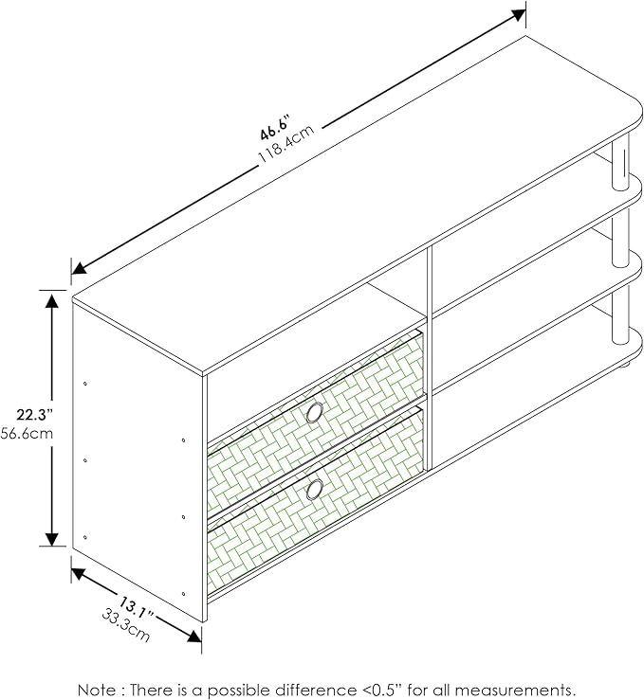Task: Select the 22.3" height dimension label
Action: pos(35,415)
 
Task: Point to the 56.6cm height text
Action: pos(27,433)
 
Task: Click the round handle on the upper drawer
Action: pos(315,412)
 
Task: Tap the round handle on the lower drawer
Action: pos(315,490)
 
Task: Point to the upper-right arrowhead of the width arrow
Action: pos(518,15)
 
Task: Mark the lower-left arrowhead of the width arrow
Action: pos(80,268)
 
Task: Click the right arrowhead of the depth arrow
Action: pos(193,636)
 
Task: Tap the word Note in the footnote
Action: pos(96,689)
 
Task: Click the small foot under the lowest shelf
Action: pos(623,366)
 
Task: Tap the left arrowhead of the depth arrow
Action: pos(80,574)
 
